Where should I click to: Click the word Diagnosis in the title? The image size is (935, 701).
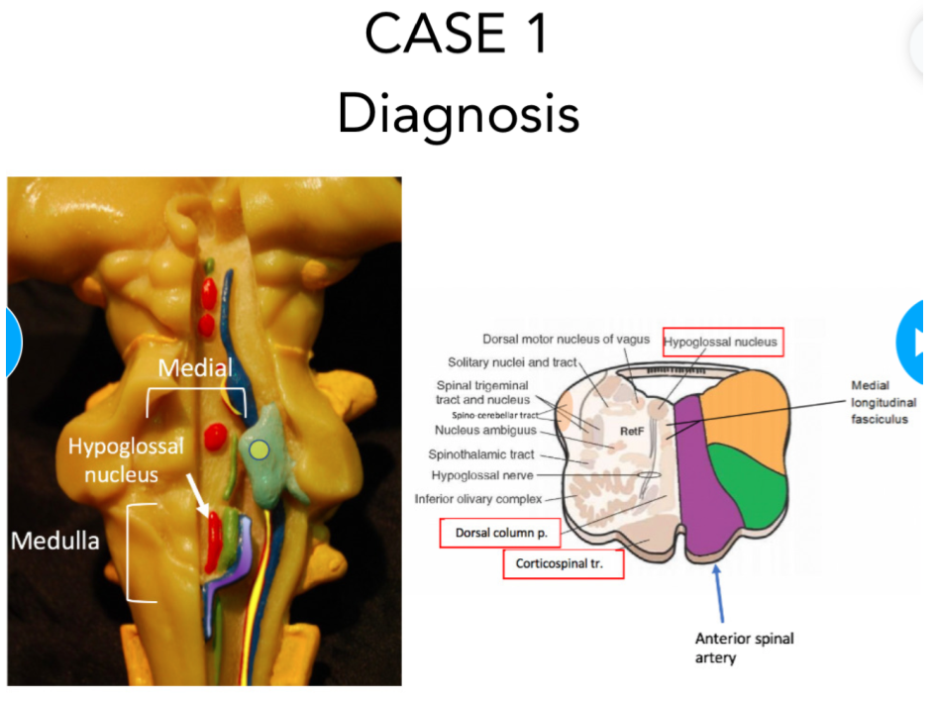click(x=458, y=114)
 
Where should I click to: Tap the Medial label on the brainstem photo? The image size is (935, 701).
click(x=195, y=368)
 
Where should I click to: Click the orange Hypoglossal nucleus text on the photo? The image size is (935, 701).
click(x=126, y=460)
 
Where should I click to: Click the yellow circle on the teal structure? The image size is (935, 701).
click(x=259, y=451)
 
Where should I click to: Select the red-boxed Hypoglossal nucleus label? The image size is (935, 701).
click(x=722, y=343)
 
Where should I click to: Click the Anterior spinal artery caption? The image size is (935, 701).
click(x=744, y=648)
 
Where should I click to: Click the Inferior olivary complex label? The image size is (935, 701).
click(x=477, y=498)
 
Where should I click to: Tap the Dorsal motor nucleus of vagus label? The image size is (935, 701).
click(x=566, y=339)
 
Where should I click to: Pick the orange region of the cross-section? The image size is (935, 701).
click(x=753, y=406)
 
